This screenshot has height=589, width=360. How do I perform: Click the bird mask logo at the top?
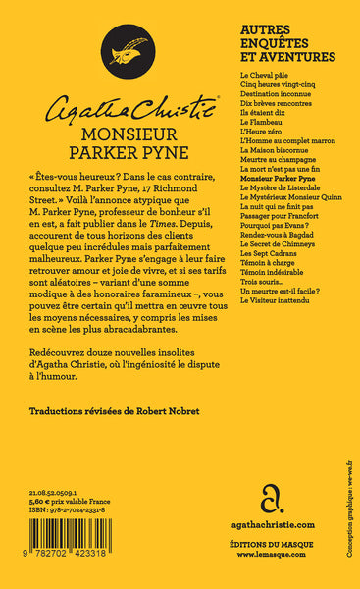(x=127, y=49)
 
